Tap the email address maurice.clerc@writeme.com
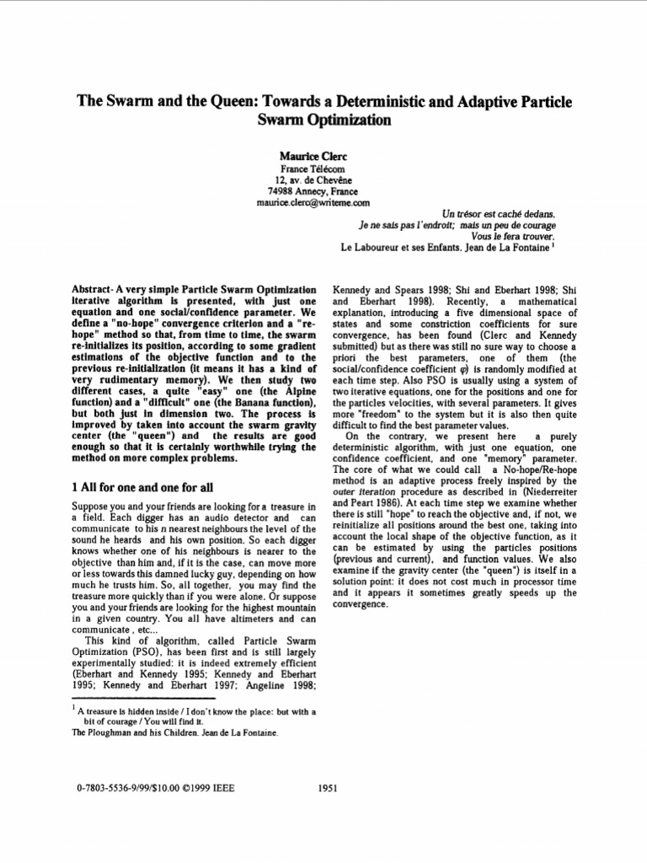click(313, 203)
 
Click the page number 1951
click(328, 788)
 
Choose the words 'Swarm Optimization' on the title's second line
click(323, 121)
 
